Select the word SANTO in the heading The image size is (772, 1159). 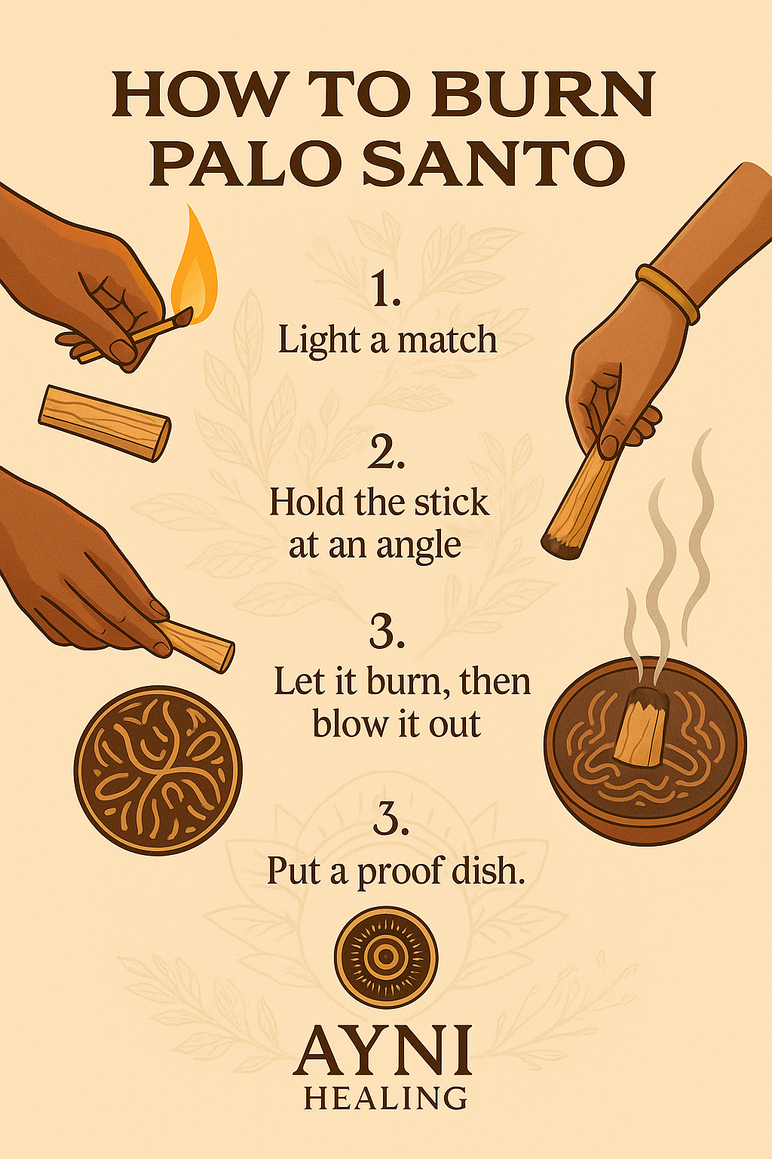point(494,164)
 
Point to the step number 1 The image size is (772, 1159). point(385,290)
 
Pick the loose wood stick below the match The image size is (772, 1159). point(105,422)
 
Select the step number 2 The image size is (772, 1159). point(387,452)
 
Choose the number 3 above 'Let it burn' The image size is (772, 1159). point(387,632)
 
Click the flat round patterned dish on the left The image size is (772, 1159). point(158,770)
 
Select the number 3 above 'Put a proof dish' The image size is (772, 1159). point(391,819)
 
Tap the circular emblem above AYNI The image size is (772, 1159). point(386,957)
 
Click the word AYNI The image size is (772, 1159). point(384,1050)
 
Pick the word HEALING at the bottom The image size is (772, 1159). point(385,1098)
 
